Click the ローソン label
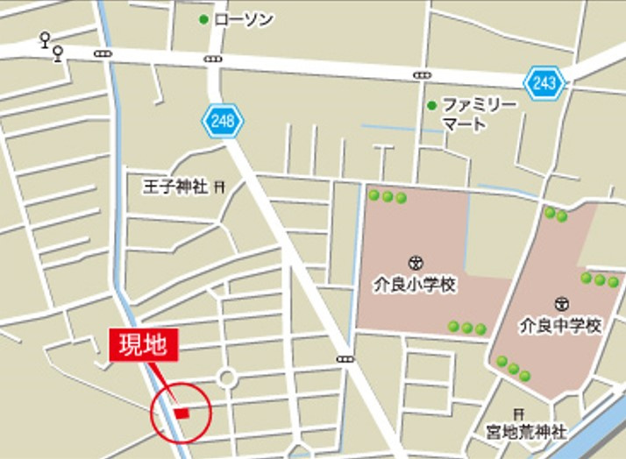(x=241, y=18)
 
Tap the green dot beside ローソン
(x=204, y=18)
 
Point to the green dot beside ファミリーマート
(x=431, y=106)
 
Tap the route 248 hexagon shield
(x=223, y=121)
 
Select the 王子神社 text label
(x=175, y=187)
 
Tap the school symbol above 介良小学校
(x=415, y=261)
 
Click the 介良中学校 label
(x=560, y=325)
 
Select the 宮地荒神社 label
(x=526, y=431)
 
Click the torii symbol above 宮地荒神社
(x=519, y=413)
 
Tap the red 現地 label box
(x=144, y=344)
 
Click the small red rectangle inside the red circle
(x=182, y=412)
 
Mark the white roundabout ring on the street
(x=228, y=378)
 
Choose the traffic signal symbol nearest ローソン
(x=213, y=59)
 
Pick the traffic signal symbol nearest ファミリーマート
(x=423, y=74)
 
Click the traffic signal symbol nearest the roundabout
(x=345, y=358)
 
